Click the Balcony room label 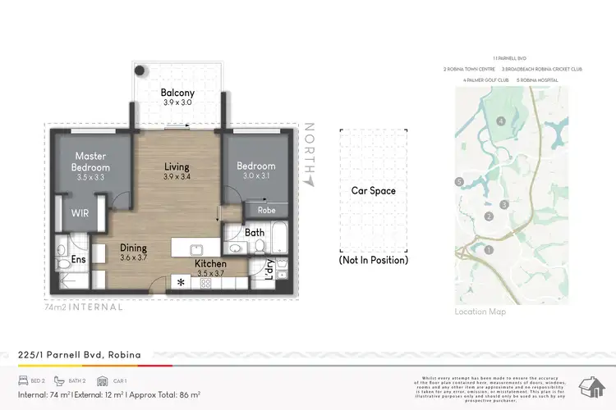coord(177,93)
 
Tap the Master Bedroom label coord(92,162)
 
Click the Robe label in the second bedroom coord(265,210)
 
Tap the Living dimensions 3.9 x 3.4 coord(177,177)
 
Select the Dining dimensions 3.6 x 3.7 coord(132,257)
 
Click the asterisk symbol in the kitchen coord(180,283)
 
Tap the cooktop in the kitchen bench coord(205,283)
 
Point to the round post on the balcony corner coord(140,71)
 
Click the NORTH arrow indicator coord(310,152)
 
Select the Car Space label coord(374,191)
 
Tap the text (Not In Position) coord(374,260)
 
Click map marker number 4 coord(500,121)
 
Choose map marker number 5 coord(460,181)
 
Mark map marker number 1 coord(489,249)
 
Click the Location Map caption coord(480,312)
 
